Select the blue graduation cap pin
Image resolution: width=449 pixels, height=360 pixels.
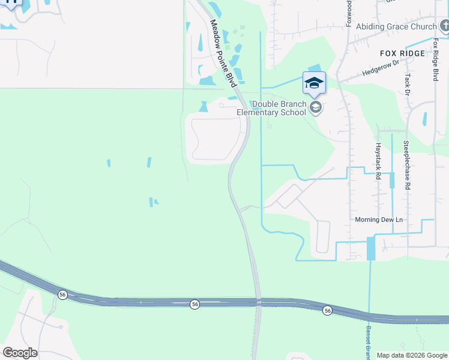314,83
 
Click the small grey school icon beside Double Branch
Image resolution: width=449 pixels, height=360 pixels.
315,107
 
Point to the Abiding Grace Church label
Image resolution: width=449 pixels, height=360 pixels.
396,26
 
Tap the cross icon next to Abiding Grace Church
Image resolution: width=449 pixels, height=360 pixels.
444,26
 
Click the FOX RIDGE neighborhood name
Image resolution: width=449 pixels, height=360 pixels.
403,53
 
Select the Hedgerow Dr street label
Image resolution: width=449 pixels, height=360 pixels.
381,68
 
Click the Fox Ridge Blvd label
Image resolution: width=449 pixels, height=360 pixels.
436,61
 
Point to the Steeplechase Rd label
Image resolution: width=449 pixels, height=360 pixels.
406,165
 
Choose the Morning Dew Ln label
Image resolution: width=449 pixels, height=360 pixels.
378,220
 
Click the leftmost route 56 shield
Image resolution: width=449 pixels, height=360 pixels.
62,295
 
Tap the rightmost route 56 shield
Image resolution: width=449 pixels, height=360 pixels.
327,310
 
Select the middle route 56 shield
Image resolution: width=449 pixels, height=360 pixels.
194,305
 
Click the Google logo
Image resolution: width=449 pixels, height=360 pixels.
20,353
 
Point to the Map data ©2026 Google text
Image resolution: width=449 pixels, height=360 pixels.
411,355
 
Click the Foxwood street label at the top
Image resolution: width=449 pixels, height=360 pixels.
349,13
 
